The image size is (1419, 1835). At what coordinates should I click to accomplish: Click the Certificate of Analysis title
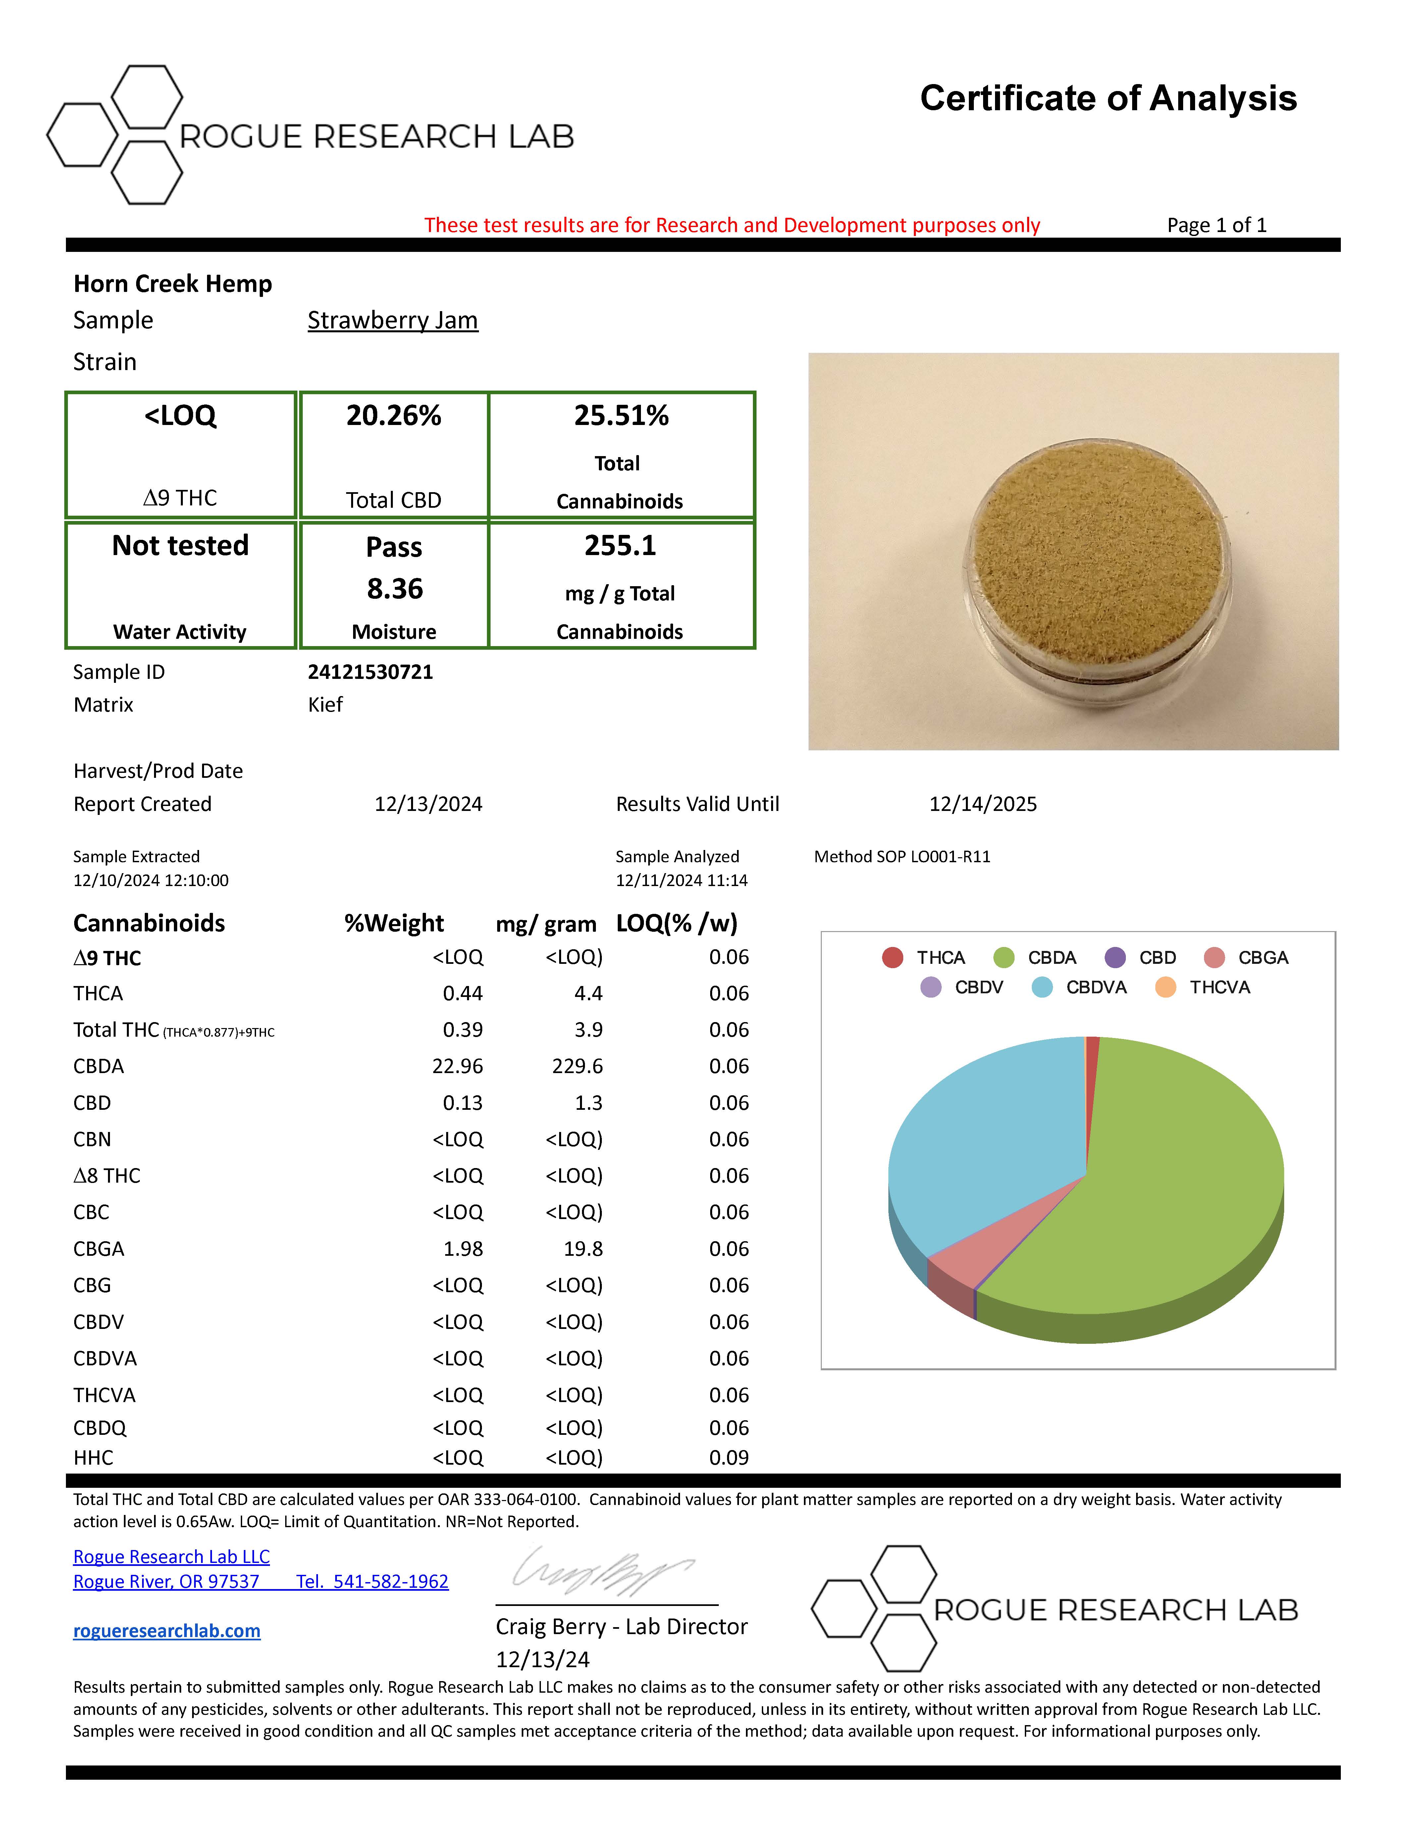click(1108, 98)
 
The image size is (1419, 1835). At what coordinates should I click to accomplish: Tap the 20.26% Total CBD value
click(394, 416)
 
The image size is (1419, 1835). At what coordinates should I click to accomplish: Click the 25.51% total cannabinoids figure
click(621, 416)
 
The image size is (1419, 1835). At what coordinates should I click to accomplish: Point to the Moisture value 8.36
click(394, 589)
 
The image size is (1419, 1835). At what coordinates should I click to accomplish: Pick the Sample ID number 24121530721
click(370, 672)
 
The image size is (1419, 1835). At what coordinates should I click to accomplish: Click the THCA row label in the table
click(98, 994)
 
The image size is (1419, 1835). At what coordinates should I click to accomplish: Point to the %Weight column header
click(394, 923)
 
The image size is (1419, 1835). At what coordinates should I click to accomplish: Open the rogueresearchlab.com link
click(167, 1631)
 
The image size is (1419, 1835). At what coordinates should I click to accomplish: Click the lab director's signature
click(601, 1571)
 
